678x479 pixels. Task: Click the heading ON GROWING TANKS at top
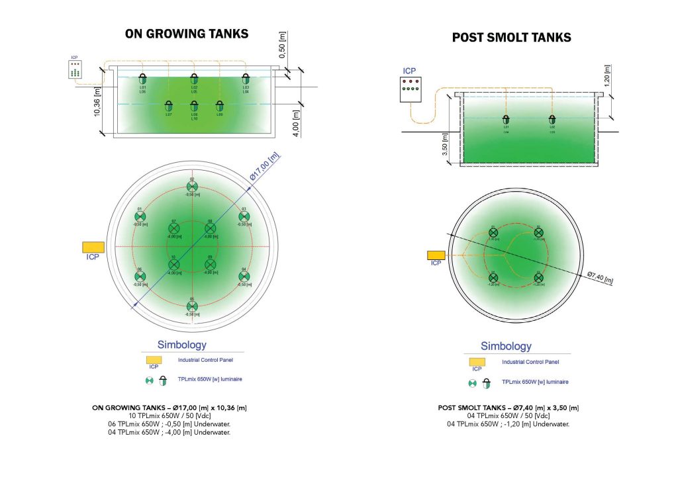pos(187,34)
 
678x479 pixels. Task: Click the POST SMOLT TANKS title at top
pos(511,38)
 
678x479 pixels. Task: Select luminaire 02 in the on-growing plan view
pos(192,187)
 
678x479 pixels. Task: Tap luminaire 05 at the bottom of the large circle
pos(192,306)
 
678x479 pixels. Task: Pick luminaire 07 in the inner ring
pos(174,229)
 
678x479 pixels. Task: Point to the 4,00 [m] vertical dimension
pos(295,123)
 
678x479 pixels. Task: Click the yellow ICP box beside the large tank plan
pos(93,247)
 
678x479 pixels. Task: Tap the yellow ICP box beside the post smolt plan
pos(436,255)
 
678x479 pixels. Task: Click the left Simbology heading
pos(181,345)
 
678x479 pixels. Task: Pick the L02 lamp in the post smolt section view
pos(552,120)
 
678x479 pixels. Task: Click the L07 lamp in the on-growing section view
pos(169,106)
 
